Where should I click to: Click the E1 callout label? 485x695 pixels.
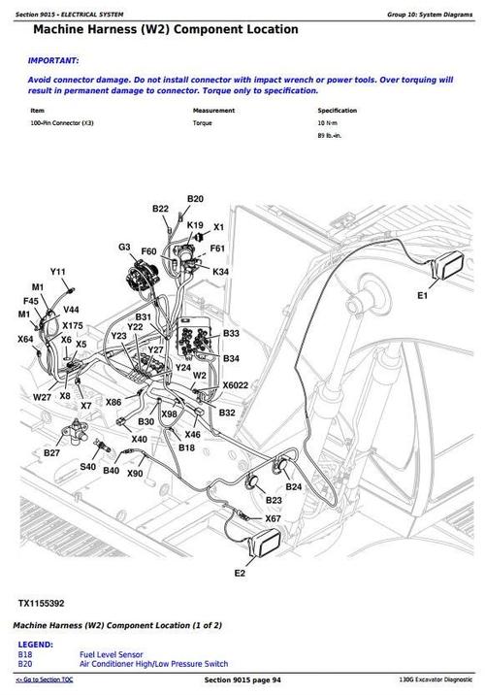tap(422, 295)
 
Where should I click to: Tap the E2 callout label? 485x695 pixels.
tap(240, 575)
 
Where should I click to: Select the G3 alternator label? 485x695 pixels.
tap(124, 248)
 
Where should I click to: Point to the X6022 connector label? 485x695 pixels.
tap(236, 384)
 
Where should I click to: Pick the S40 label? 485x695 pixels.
tap(87, 467)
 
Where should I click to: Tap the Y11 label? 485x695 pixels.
tap(58, 272)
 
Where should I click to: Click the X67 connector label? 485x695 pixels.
tap(274, 519)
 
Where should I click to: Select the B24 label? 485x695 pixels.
tap(294, 486)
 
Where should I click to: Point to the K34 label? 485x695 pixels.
tap(221, 273)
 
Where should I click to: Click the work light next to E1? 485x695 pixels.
tap(451, 263)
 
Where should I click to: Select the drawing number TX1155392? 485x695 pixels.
tap(43, 603)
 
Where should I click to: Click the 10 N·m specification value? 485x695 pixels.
tap(328, 124)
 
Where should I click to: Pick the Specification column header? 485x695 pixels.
tap(338, 111)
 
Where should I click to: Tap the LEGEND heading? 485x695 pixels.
tap(35, 645)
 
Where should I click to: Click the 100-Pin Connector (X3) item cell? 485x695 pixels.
tap(62, 124)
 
